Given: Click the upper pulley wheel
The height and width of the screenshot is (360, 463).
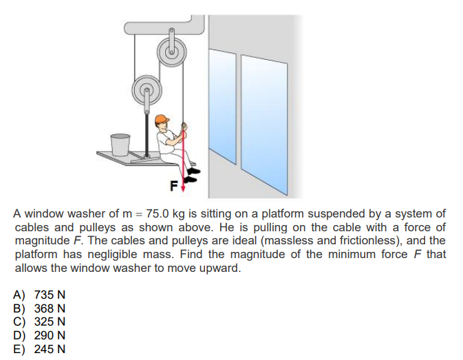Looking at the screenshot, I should pos(171,50).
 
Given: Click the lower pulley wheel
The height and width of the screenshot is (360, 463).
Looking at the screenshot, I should pos(145,88).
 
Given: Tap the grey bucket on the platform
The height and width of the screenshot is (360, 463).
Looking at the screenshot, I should pos(120,144).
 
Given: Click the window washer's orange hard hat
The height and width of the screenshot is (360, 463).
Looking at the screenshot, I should pos(162,120).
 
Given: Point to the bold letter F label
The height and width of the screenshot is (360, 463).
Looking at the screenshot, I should pos(174,184).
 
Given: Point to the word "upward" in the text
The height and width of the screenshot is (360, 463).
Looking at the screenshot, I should pos(222,268).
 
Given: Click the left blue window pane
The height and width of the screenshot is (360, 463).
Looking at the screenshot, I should pos(224,100).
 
